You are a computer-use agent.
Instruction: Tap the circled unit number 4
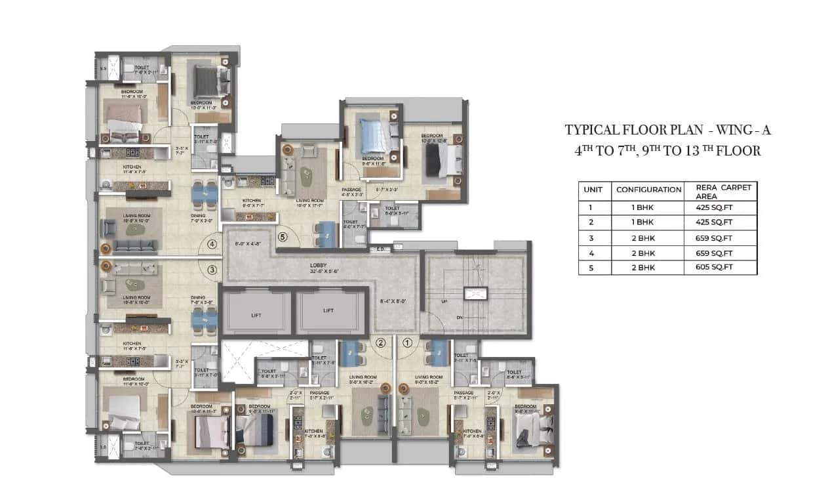212,244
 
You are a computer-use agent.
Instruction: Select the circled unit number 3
212,269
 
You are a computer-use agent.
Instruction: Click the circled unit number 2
380,342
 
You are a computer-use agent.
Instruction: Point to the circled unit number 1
406,342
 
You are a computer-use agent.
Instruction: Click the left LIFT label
256,315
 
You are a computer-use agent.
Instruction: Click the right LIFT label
328,311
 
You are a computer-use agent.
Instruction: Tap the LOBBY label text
319,266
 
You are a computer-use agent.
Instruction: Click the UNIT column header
593,189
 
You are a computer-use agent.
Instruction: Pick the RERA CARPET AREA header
720,191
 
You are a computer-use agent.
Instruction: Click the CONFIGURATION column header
648,189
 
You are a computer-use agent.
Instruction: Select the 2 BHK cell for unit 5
646,267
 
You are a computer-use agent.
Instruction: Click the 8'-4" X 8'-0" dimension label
393,302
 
